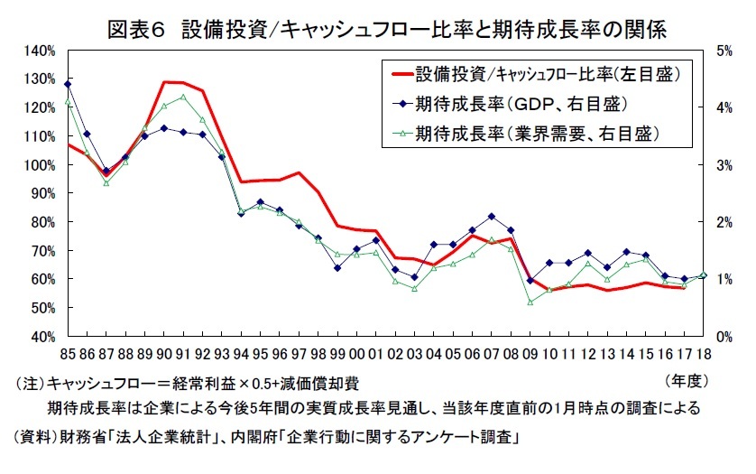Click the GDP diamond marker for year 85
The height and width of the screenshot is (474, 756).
tap(69, 84)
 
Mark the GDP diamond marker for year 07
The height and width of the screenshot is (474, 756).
tap(491, 217)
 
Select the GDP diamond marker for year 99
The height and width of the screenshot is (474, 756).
tap(337, 267)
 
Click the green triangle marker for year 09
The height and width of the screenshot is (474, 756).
tap(530, 302)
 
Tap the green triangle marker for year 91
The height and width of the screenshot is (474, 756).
tap(184, 97)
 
